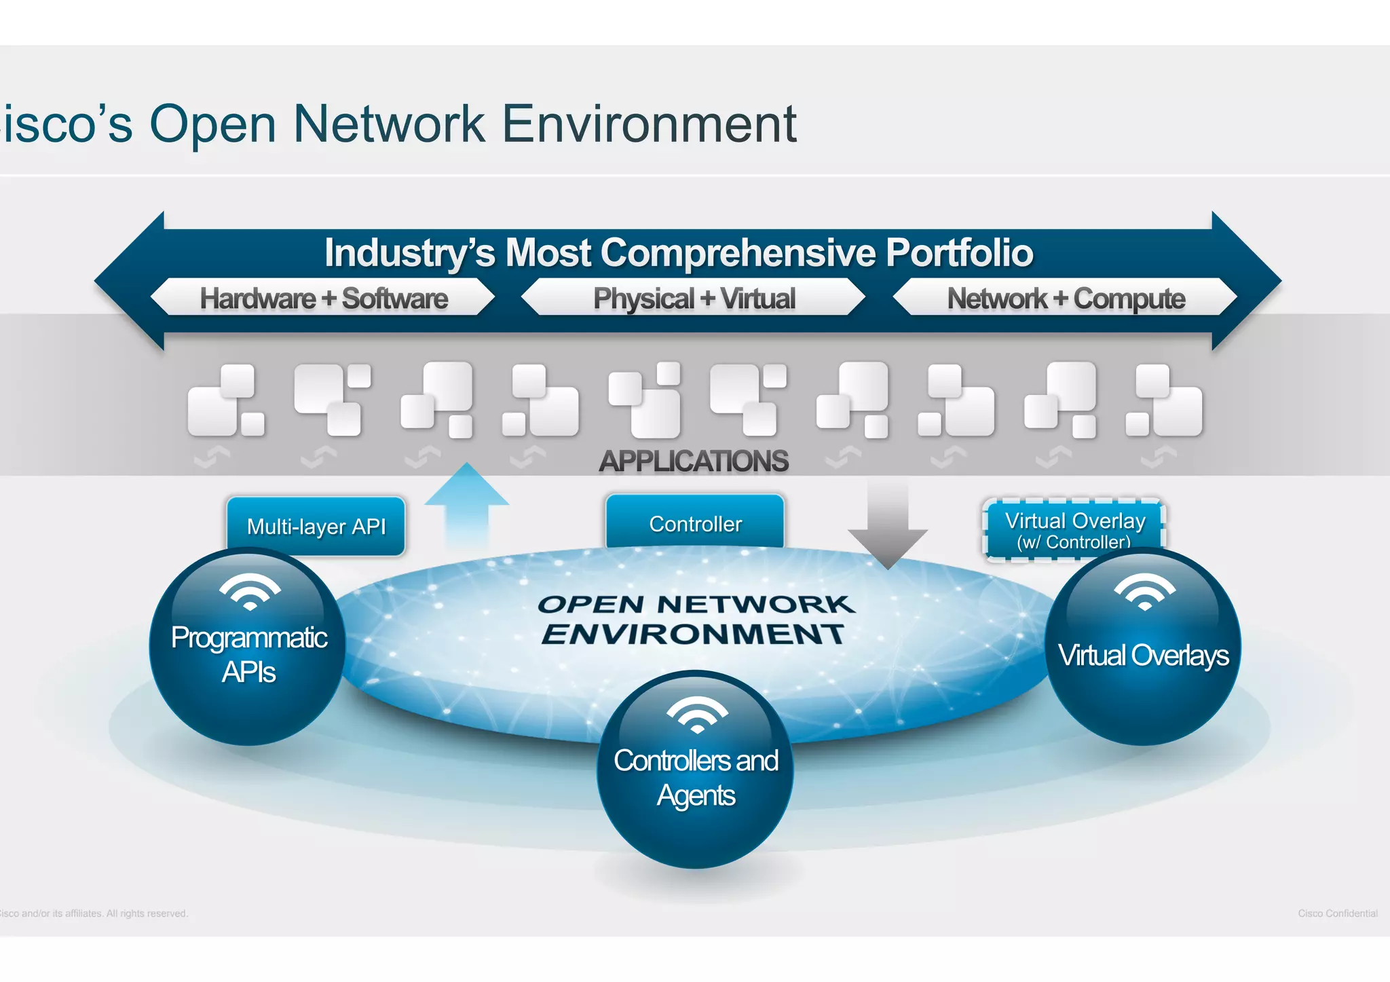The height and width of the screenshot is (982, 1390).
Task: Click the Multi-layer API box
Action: pyautogui.click(x=316, y=526)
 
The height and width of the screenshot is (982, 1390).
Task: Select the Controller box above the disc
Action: pyautogui.click(x=695, y=523)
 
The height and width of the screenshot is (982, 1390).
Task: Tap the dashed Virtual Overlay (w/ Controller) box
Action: pyautogui.click(x=1074, y=530)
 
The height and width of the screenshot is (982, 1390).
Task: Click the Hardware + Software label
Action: pyautogui.click(x=324, y=299)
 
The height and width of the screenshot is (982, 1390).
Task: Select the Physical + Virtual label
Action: pyautogui.click(x=694, y=299)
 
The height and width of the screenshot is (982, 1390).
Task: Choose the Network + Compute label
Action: pyautogui.click(x=1066, y=299)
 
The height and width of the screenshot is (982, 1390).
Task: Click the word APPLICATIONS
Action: pyautogui.click(x=693, y=461)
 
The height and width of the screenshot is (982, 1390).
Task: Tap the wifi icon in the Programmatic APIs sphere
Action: pyautogui.click(x=250, y=591)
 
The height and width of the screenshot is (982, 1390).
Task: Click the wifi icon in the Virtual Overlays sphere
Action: pyautogui.click(x=1144, y=591)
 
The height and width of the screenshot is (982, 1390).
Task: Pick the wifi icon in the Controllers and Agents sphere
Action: pyautogui.click(x=697, y=715)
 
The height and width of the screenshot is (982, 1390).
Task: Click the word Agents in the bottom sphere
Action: pyautogui.click(x=696, y=795)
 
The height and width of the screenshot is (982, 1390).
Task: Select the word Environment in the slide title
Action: pyautogui.click(x=648, y=124)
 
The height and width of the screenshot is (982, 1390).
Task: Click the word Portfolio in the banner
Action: pyautogui.click(x=959, y=252)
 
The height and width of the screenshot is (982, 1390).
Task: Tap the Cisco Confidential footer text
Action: pyautogui.click(x=1337, y=913)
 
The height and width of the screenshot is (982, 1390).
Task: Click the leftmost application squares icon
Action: pyautogui.click(x=225, y=400)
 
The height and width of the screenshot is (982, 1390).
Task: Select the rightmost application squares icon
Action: pyautogui.click(x=1163, y=400)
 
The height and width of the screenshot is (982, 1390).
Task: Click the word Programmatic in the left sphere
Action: pyautogui.click(x=249, y=638)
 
